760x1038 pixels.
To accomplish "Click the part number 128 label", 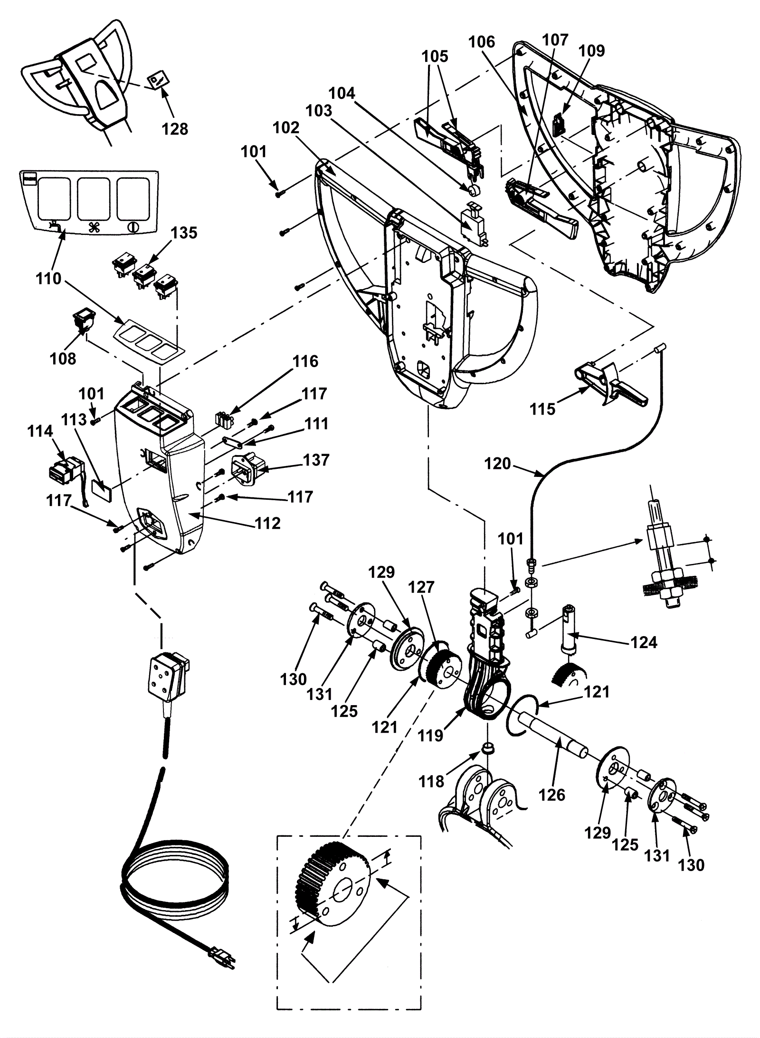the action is click(175, 129).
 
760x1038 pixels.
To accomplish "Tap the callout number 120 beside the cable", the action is click(497, 463).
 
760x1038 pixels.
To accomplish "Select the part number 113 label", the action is click(74, 419).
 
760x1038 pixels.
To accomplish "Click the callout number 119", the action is click(430, 735).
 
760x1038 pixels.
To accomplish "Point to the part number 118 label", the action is click(431, 781).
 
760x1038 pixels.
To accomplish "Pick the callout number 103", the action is click(319, 110).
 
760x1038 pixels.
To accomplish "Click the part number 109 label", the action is click(592, 50).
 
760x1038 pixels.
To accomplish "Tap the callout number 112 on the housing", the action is click(267, 524).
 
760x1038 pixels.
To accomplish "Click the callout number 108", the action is click(63, 358).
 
